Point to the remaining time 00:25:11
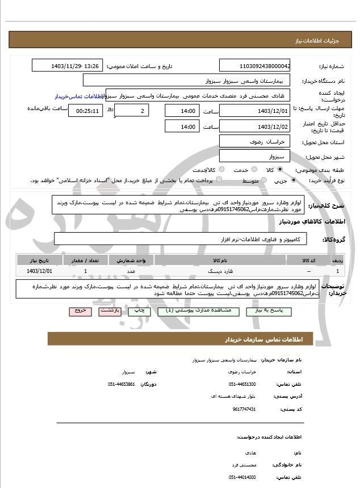click(86, 111)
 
